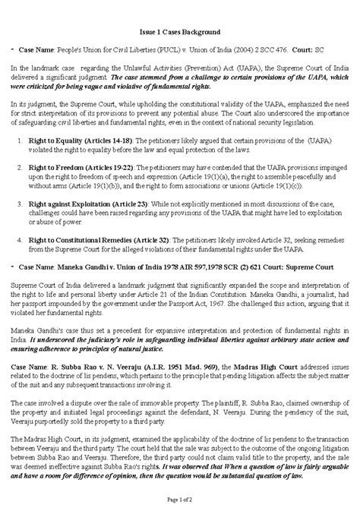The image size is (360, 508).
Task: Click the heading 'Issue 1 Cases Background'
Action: click(180, 33)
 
